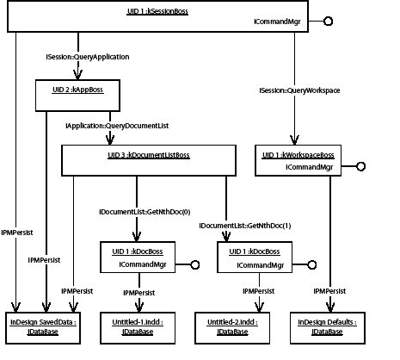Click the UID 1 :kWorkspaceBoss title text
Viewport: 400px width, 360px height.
[x=297, y=154]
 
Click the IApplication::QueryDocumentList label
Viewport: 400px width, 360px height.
[x=117, y=126]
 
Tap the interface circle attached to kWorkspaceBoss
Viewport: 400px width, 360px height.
[x=361, y=166]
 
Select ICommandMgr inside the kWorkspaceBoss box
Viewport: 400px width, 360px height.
[x=310, y=166]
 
